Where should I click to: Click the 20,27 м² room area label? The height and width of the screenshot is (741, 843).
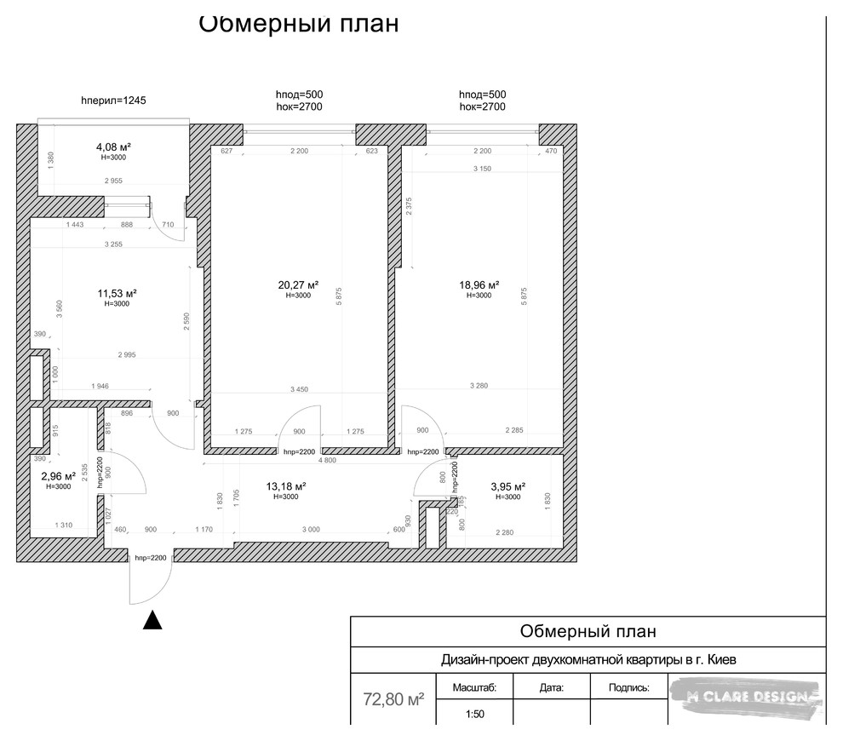click(298, 285)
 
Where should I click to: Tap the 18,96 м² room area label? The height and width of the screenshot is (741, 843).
click(479, 285)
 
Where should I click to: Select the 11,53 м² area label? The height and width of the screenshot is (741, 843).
click(117, 293)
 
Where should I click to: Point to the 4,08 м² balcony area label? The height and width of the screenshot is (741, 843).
click(112, 146)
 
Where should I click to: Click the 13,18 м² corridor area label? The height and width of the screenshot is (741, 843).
click(285, 486)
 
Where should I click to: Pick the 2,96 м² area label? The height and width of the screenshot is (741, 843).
click(59, 477)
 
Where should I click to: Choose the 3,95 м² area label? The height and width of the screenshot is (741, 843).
click(508, 486)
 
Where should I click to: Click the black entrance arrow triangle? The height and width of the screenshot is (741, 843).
click(152, 620)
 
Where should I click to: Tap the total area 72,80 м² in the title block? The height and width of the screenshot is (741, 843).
click(393, 700)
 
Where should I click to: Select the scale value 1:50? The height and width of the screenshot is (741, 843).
click(475, 715)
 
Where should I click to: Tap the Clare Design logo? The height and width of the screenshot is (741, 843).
click(746, 698)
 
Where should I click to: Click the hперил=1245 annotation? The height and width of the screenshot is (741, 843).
click(113, 100)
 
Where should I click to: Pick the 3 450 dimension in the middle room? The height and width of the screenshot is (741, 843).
click(299, 389)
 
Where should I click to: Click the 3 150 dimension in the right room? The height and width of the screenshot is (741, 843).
click(482, 169)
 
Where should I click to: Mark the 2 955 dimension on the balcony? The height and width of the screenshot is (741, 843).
click(112, 181)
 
